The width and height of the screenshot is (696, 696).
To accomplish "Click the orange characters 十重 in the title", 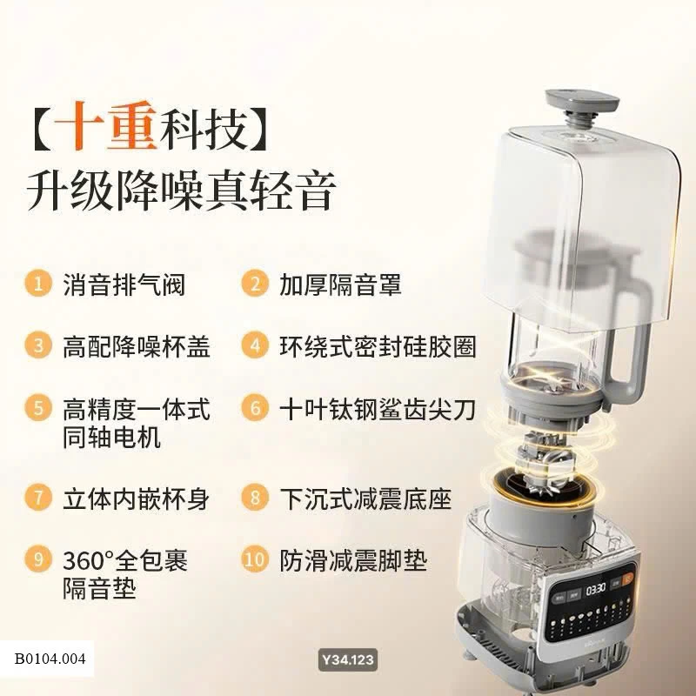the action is [x=106, y=126].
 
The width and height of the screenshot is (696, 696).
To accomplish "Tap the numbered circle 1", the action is [x=38, y=284].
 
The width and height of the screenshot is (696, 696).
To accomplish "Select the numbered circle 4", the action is [x=255, y=345].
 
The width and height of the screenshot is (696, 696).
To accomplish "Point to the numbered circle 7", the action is [x=38, y=497].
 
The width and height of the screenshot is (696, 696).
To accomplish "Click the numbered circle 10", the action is [x=255, y=559].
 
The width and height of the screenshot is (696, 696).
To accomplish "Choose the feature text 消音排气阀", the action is [x=124, y=284].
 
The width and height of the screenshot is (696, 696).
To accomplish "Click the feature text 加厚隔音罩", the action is [x=340, y=284].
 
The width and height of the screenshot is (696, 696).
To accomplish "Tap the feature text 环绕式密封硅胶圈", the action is [x=378, y=346].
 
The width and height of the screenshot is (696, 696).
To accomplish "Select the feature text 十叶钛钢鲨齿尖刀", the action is [x=378, y=409].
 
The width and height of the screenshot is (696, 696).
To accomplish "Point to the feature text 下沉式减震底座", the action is [x=365, y=499].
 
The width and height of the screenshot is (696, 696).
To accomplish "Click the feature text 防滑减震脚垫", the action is [x=353, y=560].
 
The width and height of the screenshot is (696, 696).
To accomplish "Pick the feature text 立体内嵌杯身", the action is [x=137, y=499].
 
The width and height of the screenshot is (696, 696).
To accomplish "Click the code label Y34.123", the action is [x=348, y=659].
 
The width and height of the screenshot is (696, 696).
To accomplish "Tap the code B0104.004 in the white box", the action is [x=50, y=659].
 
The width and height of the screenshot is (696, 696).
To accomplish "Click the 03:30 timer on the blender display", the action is [x=595, y=589].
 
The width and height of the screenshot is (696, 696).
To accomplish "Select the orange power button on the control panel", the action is [x=628, y=579].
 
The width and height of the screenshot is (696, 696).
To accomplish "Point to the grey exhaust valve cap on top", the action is [x=581, y=100].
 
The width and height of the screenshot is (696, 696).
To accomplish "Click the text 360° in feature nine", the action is [x=89, y=560].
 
